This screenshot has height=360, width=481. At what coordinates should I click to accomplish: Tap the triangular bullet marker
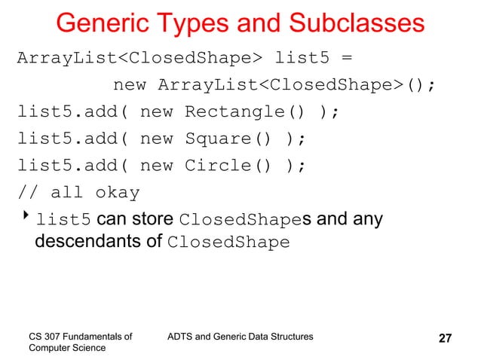(x=24, y=218)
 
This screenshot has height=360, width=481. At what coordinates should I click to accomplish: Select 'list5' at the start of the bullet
(x=64, y=220)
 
